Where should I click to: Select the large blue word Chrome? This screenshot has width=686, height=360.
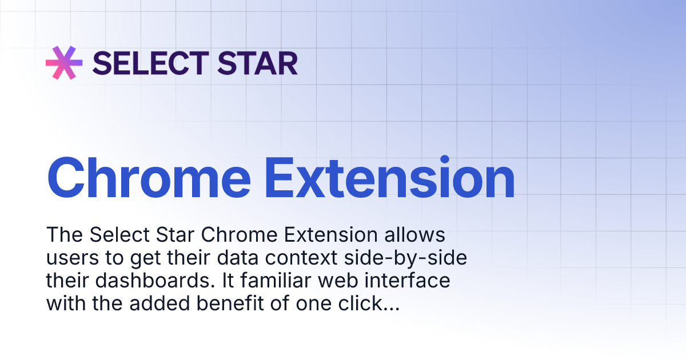150,178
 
